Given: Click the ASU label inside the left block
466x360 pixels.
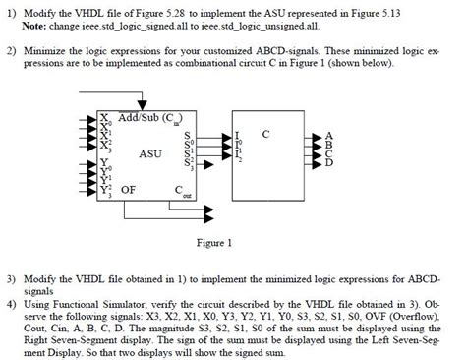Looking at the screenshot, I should coord(150,153).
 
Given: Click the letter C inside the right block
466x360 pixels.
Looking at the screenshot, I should coord(265,131).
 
